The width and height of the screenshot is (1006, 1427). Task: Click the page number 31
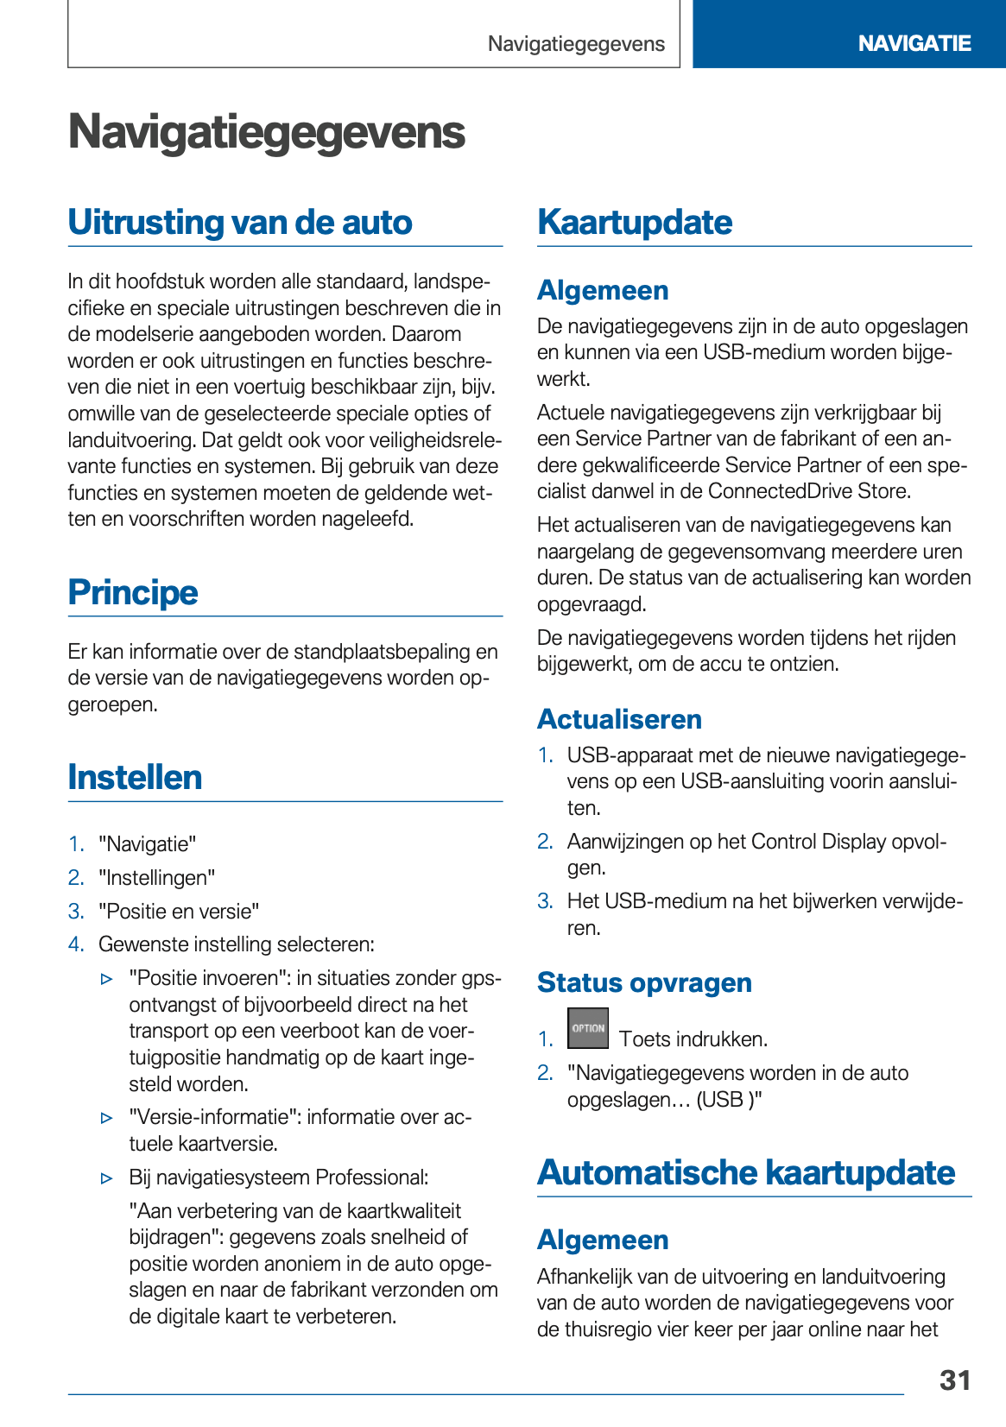coord(954,1380)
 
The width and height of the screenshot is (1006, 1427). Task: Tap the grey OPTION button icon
coord(587,1028)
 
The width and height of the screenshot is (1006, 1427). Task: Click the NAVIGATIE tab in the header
coord(914,43)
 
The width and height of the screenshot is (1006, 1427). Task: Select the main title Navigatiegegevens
coord(266,132)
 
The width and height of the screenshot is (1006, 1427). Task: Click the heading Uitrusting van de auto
coord(240,223)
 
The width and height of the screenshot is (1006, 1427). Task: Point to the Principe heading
coord(133,592)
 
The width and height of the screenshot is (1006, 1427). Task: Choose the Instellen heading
coord(135,777)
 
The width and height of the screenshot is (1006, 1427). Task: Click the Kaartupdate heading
coord(635,223)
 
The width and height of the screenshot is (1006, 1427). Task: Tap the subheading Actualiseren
coord(619,719)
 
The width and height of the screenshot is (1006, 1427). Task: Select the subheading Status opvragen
coord(644,982)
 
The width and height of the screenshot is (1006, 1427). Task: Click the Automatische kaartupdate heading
coord(746,1172)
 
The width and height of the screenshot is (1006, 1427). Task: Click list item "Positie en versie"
coord(179,912)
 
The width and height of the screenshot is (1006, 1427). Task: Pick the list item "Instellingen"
coord(156,878)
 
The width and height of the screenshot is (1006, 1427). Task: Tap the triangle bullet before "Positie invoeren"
coord(107,979)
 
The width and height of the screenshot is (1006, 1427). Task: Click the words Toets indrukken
coord(693,1039)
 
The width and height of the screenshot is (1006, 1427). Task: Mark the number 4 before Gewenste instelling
coord(75,944)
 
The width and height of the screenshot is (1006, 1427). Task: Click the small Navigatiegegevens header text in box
coord(576,44)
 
